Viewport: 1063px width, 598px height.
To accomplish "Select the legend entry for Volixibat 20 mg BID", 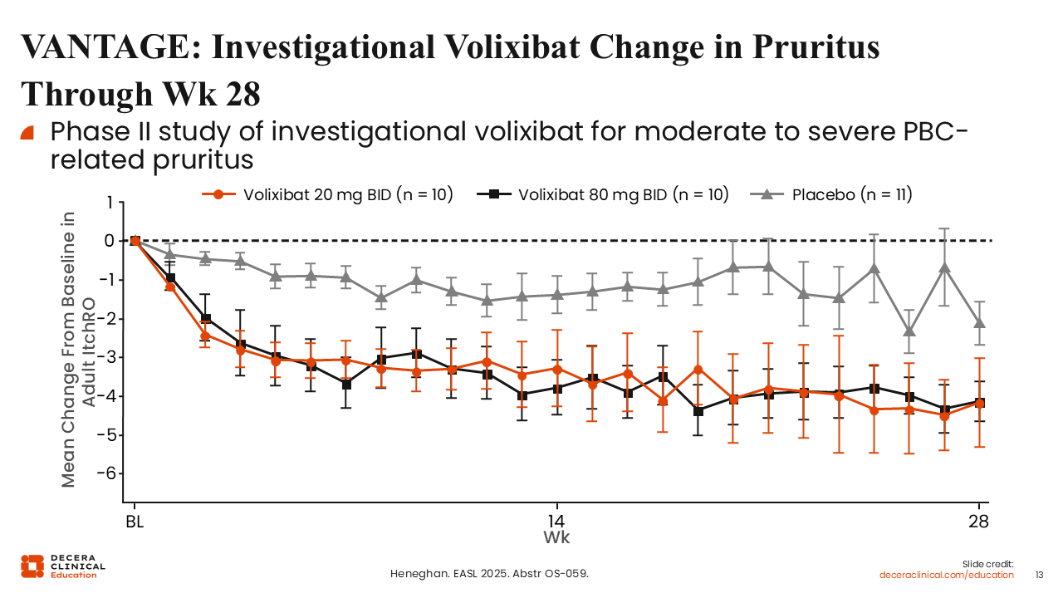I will pyautogui.click(x=328, y=194).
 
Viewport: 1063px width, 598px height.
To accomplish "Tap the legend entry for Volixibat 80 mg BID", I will pyautogui.click(x=604, y=194).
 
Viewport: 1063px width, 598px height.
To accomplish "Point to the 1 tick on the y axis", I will pyautogui.click(x=108, y=203).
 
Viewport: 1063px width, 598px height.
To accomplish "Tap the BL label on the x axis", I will pyautogui.click(x=135, y=522).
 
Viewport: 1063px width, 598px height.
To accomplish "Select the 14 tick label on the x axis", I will pyautogui.click(x=556, y=522).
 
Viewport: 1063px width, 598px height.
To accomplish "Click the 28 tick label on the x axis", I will pyautogui.click(x=979, y=522).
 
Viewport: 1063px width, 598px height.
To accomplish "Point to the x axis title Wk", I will pyautogui.click(x=556, y=537).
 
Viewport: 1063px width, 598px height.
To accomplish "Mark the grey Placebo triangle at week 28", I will pyautogui.click(x=980, y=322).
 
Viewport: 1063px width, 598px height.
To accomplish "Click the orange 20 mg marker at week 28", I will pyautogui.click(x=980, y=404).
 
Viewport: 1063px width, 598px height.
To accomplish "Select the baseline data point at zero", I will pyautogui.click(x=135, y=241).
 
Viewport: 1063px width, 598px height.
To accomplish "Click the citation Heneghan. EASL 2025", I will pyautogui.click(x=490, y=574).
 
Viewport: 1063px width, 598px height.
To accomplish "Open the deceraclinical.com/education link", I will pyautogui.click(x=947, y=575).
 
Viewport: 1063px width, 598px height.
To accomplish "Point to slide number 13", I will pyautogui.click(x=1039, y=575).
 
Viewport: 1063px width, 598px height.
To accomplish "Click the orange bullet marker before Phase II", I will pyautogui.click(x=27, y=132).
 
